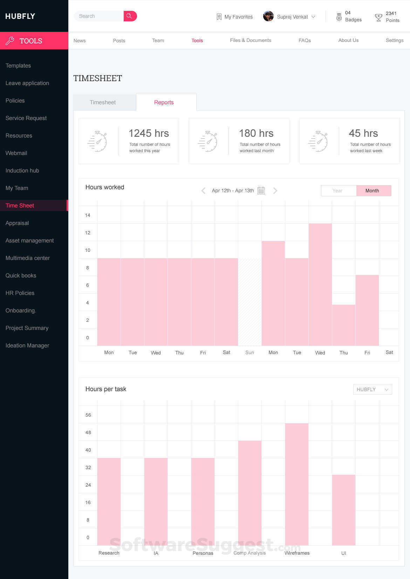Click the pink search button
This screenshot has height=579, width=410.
(x=130, y=16)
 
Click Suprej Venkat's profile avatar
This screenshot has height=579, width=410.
(x=268, y=16)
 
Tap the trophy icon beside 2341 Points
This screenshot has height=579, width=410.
(x=378, y=17)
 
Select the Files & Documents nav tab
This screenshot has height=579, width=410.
(x=250, y=41)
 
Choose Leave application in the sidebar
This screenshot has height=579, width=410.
(x=27, y=83)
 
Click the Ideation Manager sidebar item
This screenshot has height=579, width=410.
(x=27, y=346)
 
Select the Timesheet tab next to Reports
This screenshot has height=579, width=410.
(x=103, y=103)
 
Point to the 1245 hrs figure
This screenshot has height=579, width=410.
(x=149, y=133)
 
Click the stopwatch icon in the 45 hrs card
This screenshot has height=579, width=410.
(x=318, y=141)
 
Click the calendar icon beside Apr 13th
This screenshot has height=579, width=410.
(x=261, y=191)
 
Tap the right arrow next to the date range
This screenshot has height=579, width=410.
(x=275, y=191)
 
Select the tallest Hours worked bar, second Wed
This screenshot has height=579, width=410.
(x=320, y=284)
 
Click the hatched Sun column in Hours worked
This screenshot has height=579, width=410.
(x=250, y=302)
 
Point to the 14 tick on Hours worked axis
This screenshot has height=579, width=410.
(x=88, y=216)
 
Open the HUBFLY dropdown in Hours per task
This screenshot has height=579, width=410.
(x=372, y=390)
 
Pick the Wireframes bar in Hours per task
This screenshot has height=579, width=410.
(x=297, y=484)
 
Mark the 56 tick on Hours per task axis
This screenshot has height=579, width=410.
(x=88, y=415)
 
